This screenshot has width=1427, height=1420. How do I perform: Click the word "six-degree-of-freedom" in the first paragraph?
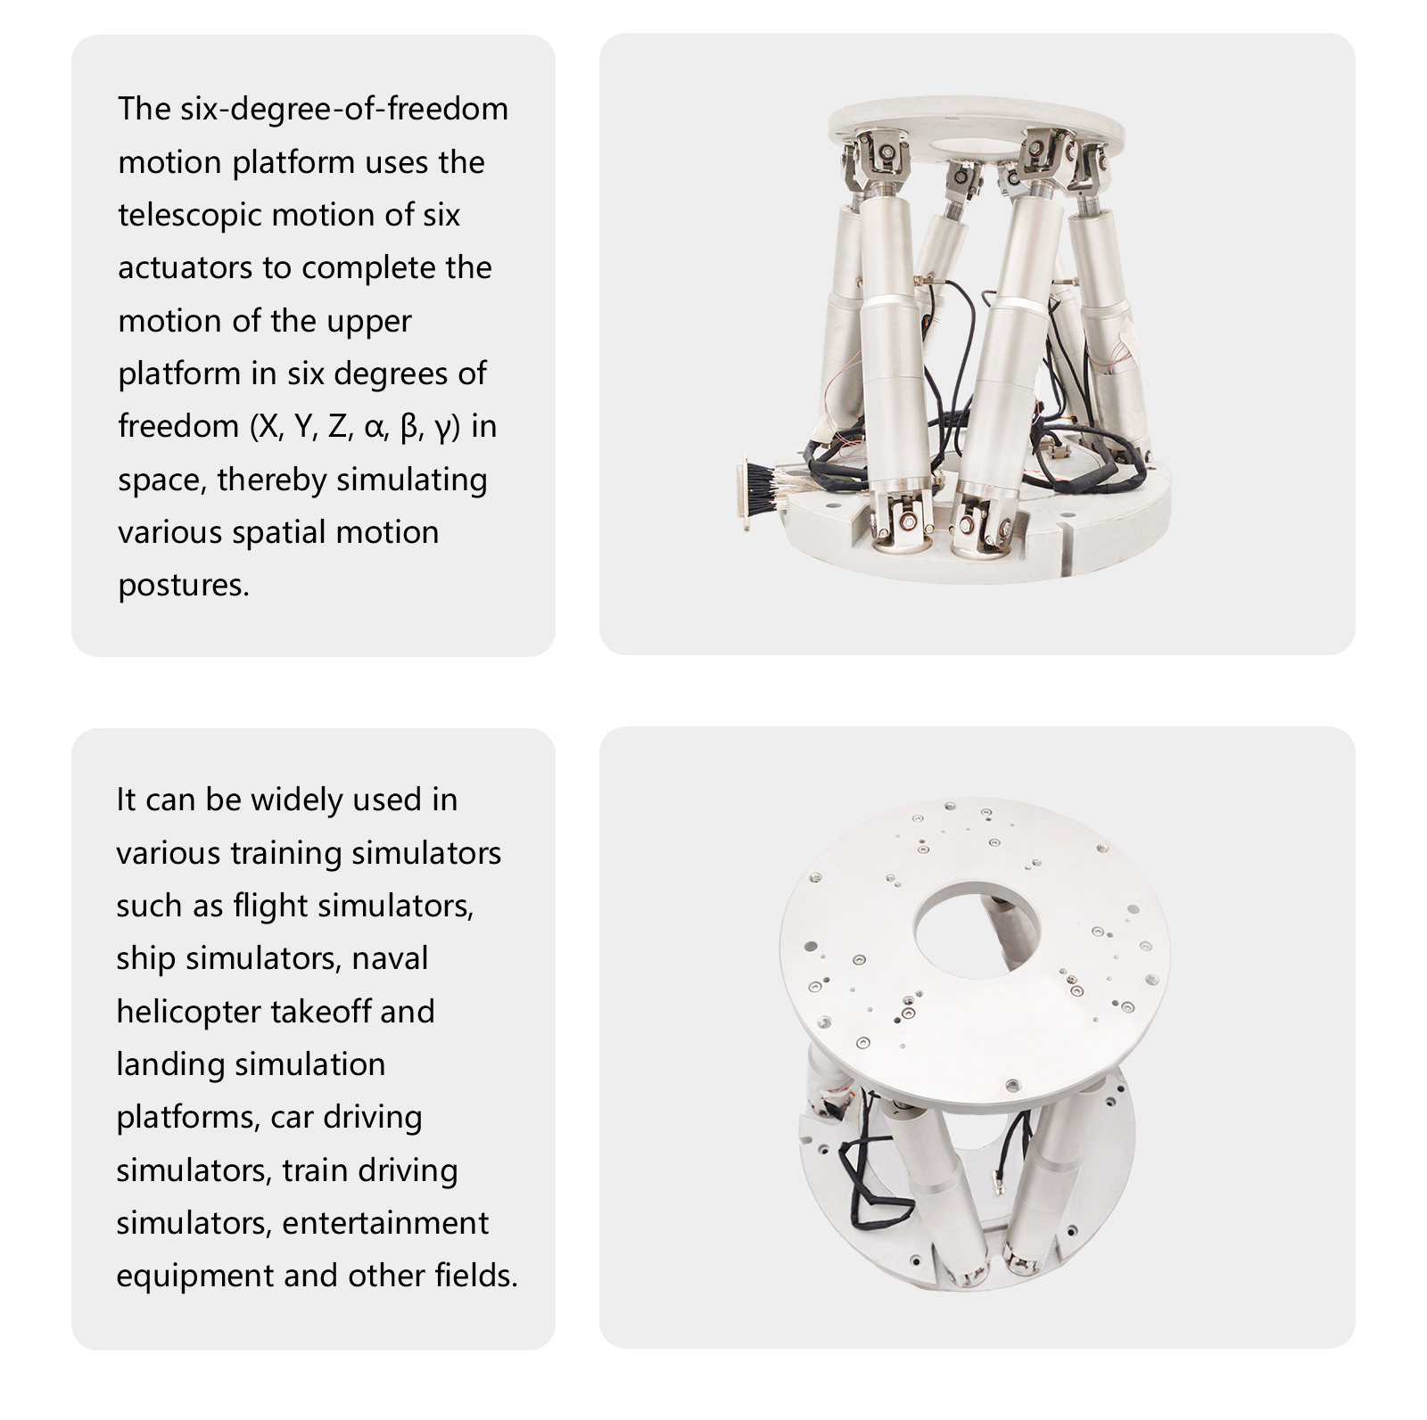click(x=344, y=109)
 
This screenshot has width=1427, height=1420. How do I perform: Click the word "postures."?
click(x=184, y=586)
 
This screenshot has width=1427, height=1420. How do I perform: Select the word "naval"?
click(x=391, y=958)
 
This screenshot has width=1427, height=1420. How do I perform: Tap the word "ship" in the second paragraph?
click(x=145, y=959)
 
